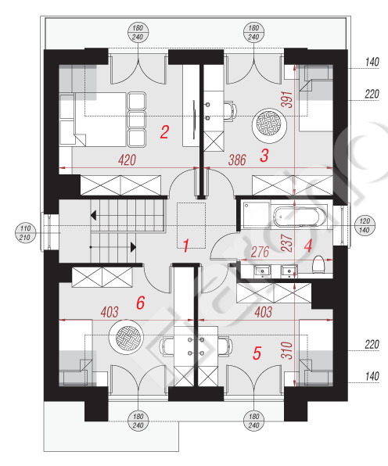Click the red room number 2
(164, 132)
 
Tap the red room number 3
(264, 156)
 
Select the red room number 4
(308, 246)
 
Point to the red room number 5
(257, 353)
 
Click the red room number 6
(140, 303)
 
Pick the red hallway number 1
(186, 246)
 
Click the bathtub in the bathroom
(300, 217)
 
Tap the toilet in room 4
(318, 264)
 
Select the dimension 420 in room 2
(127, 160)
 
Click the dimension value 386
(237, 160)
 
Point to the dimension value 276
(260, 253)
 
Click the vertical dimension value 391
(287, 99)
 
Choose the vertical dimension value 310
(287, 350)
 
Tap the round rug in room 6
(127, 337)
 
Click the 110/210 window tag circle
(25, 233)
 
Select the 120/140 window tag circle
(365, 225)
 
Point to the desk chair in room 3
(230, 111)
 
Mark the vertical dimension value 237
(287, 243)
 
